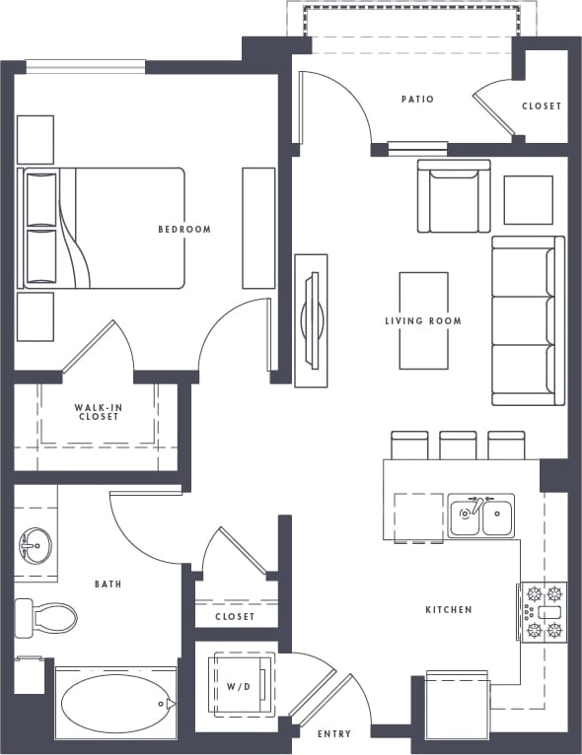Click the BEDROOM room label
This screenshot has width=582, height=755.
184,230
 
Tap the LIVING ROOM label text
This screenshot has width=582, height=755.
423,321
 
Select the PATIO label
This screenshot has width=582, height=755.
417,100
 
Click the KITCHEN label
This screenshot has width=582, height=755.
449,610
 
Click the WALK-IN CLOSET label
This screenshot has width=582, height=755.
98,412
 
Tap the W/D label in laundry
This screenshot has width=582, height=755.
238,685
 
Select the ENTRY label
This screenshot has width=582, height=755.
334,734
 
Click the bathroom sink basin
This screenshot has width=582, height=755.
36,542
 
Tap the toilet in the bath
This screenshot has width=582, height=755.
46,618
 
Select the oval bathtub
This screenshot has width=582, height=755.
117,704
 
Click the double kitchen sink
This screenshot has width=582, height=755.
480,515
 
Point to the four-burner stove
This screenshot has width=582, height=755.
544,612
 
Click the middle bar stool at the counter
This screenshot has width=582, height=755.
458,446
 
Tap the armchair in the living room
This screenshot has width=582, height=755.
453,196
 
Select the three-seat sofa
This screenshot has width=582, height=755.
528,320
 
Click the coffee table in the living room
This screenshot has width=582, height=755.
423,320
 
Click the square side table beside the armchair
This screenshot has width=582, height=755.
528,200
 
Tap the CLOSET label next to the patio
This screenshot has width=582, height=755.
541,106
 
